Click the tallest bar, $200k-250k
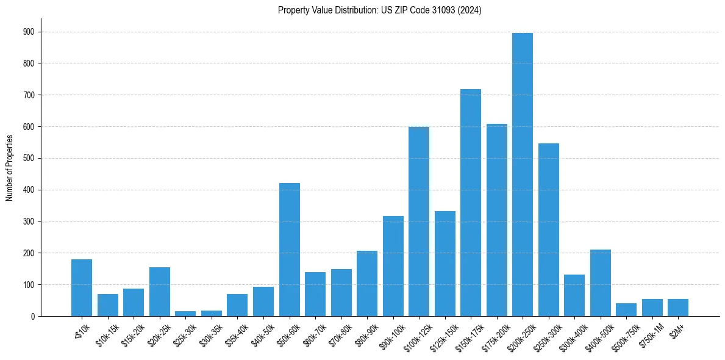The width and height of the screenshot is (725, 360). tap(523, 175)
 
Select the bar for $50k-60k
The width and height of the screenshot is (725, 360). tap(290, 250)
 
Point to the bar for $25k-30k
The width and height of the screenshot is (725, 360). tap(185, 314)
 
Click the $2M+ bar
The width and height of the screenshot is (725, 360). tap(678, 308)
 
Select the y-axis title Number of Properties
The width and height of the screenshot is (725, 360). tap(9, 168)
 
